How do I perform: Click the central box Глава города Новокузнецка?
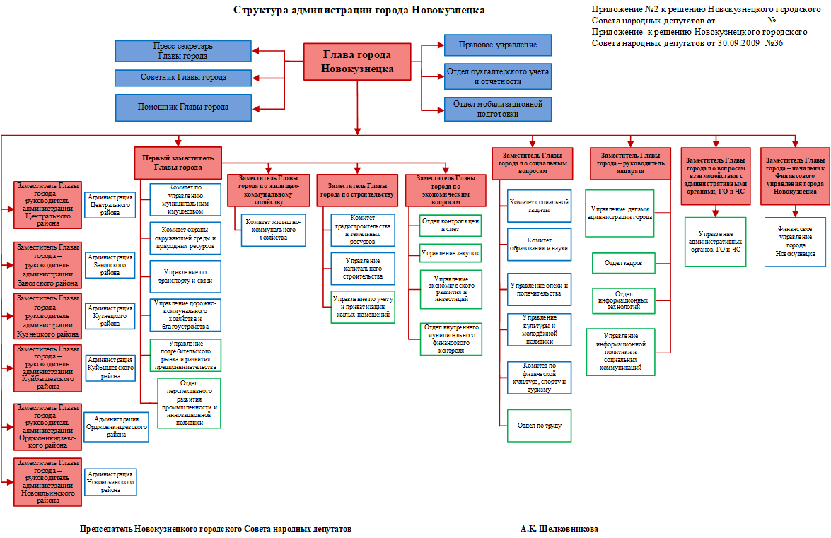coord(357,62)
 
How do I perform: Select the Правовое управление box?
coord(497,45)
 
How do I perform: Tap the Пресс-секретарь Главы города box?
coord(182,51)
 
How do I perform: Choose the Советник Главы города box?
coord(182,77)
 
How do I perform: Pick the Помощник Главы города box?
coord(182,107)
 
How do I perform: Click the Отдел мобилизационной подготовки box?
coord(497,108)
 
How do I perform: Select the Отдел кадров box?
coord(623,263)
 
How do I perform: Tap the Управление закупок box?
coord(450,252)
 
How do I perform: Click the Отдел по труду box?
coord(539,425)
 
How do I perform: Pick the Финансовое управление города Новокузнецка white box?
coord(795,241)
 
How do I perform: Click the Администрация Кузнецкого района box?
coord(110,316)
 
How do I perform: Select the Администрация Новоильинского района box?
coord(110,481)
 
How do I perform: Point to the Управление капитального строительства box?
coord(362,268)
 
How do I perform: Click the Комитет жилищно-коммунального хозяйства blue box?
coord(273,229)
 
